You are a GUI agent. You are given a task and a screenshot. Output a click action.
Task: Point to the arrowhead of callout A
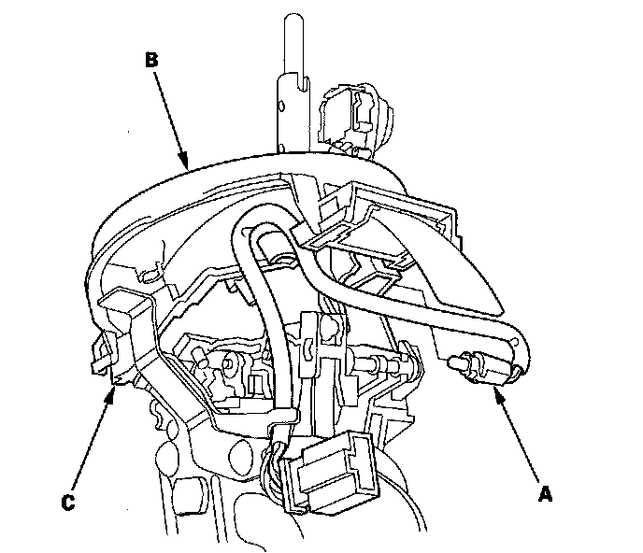(495, 394)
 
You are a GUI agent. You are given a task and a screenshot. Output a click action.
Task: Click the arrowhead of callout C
(114, 390)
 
